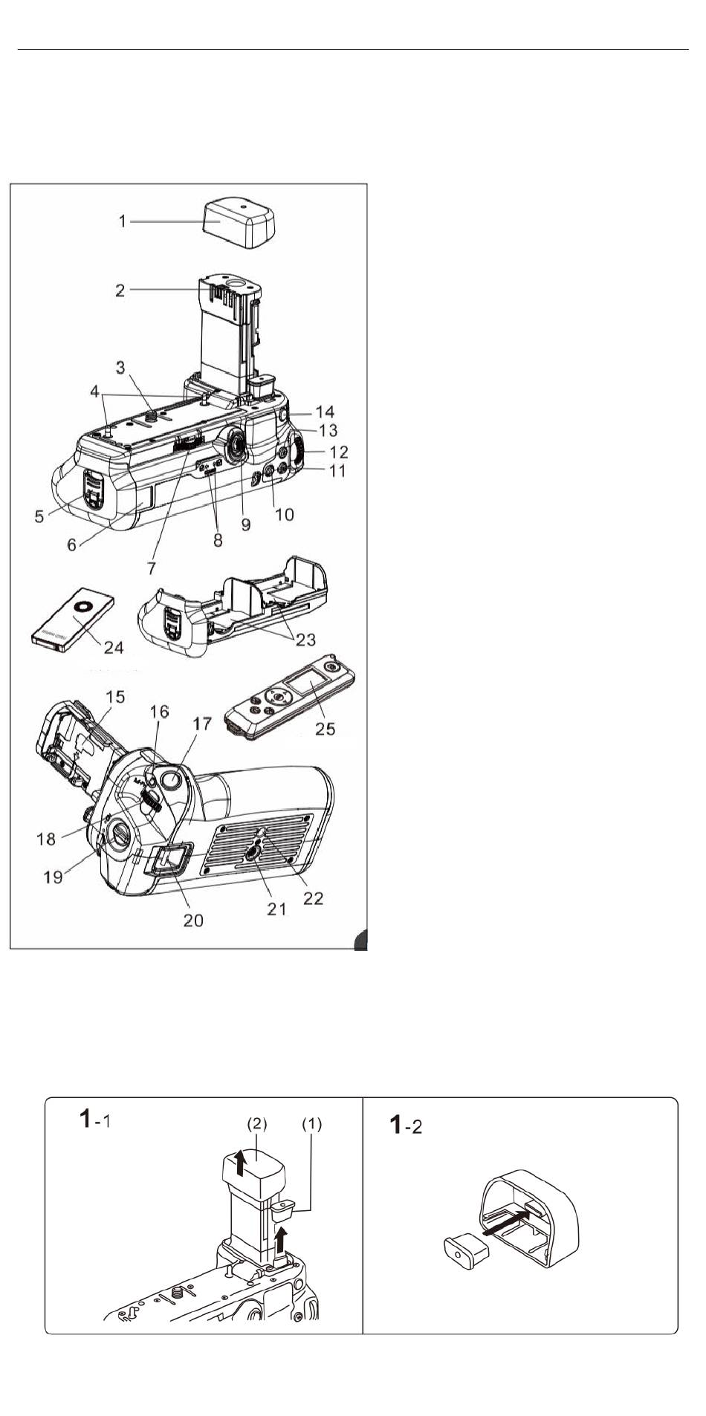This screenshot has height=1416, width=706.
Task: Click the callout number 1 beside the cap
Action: pyautogui.click(x=123, y=221)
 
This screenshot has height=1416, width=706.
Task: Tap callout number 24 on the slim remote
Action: pyautogui.click(x=114, y=647)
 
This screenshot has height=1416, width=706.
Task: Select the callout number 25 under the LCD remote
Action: pyautogui.click(x=326, y=729)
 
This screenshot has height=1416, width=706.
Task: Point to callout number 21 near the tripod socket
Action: pyautogui.click(x=276, y=908)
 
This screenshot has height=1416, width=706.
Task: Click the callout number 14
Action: pyautogui.click(x=325, y=412)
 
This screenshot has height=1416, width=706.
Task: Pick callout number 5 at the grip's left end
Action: pyautogui.click(x=39, y=515)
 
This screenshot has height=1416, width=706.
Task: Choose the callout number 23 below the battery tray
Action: pyautogui.click(x=305, y=639)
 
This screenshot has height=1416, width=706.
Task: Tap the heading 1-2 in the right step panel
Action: pyautogui.click(x=407, y=1125)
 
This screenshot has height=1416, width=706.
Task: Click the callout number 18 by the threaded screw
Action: pyautogui.click(x=46, y=839)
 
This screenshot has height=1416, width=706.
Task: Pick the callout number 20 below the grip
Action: pyautogui.click(x=193, y=920)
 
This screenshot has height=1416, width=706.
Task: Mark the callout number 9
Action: pyautogui.click(x=245, y=524)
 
